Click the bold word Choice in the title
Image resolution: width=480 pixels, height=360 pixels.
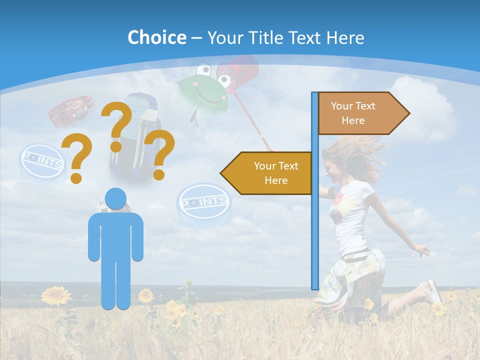(x=156, y=37)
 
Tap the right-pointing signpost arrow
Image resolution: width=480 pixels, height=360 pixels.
(x=360, y=113)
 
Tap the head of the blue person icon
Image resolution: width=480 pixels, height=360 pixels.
(x=116, y=199)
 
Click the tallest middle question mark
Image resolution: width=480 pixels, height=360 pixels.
(x=117, y=125)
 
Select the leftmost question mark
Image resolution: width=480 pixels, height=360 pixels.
(x=76, y=160)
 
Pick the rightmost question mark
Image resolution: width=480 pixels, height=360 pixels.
(x=159, y=154)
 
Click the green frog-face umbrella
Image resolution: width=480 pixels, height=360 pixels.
(x=202, y=92)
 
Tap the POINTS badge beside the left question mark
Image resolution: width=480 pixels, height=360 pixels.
(x=43, y=161)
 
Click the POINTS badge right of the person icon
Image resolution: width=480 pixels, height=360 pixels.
(x=203, y=202)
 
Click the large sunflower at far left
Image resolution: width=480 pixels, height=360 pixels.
(x=55, y=295)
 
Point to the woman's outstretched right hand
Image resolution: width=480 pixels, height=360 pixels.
(x=422, y=250)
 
